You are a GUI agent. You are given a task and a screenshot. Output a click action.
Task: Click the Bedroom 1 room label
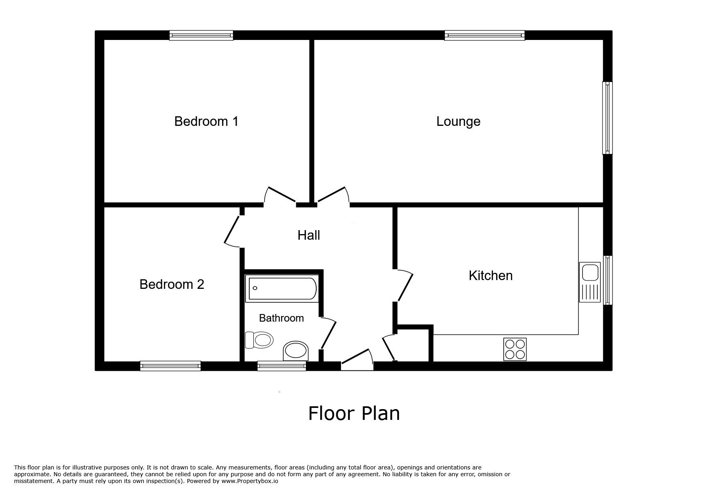pos(206,121)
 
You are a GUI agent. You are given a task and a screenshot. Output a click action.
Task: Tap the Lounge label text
pos(458,121)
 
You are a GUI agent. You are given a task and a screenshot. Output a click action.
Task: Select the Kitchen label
pos(491,276)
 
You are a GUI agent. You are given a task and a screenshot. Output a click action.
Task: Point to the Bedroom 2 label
pos(172,284)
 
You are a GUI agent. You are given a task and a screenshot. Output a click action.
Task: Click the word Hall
pos(309,235)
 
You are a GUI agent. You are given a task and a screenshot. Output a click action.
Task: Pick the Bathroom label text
pos(281,318)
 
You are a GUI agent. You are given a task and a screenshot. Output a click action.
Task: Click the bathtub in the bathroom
pos(282,288)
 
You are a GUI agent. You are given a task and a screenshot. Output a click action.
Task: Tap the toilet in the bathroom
pos(259,340)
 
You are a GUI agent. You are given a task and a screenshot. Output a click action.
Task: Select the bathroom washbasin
pos(296,351)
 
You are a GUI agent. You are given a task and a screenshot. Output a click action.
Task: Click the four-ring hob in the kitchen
pos(515,349)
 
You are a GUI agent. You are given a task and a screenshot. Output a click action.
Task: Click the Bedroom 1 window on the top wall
pos(201,36)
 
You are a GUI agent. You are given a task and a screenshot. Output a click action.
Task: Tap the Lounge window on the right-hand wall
pos(607,118)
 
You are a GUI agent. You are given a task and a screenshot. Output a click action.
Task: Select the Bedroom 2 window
pos(170,366)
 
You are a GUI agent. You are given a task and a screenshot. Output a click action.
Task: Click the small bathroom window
pos(281,366)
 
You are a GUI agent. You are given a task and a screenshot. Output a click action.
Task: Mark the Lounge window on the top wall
pos(485,36)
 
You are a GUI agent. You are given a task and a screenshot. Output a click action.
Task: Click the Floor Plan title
pos(354,413)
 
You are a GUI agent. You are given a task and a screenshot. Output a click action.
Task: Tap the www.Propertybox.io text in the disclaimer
pos(250,481)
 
